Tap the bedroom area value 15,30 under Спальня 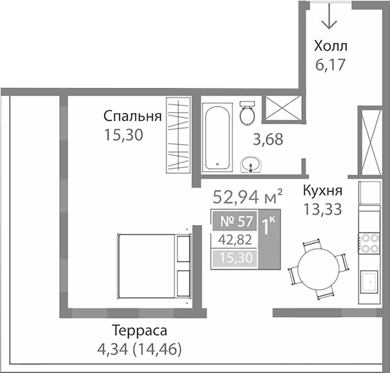pos(123,135)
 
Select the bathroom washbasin pos(252,164)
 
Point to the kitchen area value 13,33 pos(322,209)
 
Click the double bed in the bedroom pos(153,266)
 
